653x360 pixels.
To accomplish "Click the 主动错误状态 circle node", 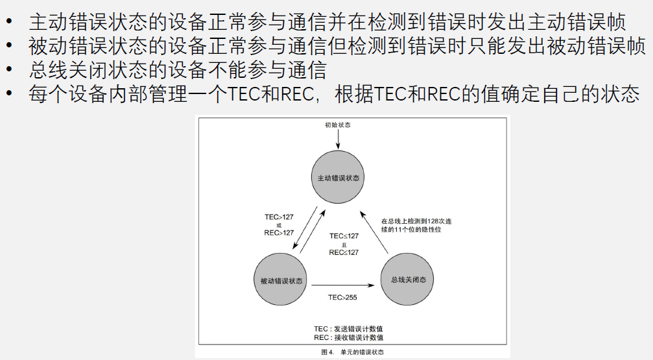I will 338,177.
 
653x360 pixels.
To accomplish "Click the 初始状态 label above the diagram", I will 338,124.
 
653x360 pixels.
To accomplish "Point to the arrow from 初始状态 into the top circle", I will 338,140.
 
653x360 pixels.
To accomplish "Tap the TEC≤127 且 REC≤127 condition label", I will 344,244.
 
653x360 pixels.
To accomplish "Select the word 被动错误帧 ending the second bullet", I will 607,46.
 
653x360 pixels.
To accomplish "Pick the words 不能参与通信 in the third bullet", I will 282,69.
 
